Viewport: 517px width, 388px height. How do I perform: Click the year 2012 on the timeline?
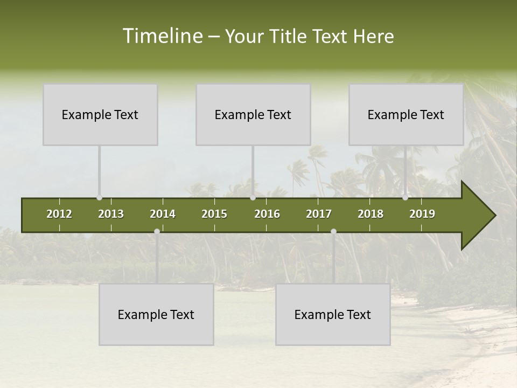click(59, 214)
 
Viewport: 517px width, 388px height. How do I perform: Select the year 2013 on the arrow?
click(111, 214)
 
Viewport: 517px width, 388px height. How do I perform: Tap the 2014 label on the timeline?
click(163, 214)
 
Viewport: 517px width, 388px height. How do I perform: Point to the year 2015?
click(214, 214)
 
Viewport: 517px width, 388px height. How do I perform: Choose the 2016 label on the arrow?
click(267, 214)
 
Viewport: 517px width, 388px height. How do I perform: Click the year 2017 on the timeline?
click(319, 214)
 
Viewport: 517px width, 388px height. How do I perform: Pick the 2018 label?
click(371, 214)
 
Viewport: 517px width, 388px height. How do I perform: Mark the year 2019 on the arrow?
click(422, 214)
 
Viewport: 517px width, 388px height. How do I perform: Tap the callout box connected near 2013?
click(100, 114)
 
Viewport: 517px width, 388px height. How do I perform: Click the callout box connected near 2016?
click(253, 114)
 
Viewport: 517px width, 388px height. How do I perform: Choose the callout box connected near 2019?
click(406, 114)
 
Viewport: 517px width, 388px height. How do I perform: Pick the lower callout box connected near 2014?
click(156, 314)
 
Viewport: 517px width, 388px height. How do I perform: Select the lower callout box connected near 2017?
click(333, 314)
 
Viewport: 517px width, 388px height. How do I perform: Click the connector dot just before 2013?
click(99, 198)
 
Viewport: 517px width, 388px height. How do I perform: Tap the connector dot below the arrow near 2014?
click(157, 231)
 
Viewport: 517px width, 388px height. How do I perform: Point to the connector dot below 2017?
click(333, 231)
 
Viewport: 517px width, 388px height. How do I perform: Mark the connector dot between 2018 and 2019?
click(405, 198)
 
